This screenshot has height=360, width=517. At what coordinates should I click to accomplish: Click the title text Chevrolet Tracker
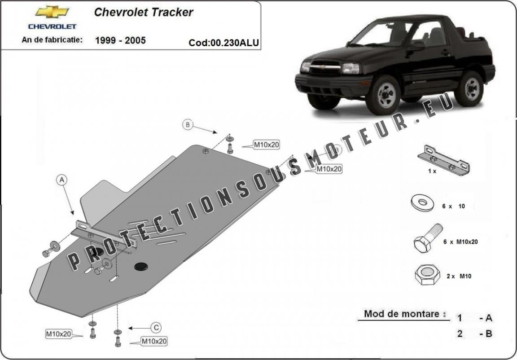[x=144, y=12]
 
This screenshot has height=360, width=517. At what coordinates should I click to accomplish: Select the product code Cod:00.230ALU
[x=223, y=43]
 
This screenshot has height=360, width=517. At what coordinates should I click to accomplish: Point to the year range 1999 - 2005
[x=120, y=40]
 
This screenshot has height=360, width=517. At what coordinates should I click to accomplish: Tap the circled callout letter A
[x=62, y=180]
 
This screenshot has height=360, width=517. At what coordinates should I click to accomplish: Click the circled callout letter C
[x=156, y=328]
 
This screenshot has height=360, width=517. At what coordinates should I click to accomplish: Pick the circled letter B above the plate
[x=188, y=125]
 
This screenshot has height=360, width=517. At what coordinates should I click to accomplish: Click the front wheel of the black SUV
[x=383, y=95]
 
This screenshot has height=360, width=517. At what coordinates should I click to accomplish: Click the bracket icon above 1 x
[x=443, y=159]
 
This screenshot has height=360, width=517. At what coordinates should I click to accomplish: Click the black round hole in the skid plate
[x=140, y=267]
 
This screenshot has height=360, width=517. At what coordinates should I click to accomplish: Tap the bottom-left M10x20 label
[x=58, y=334]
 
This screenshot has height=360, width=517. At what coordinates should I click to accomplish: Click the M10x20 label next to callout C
[x=154, y=342]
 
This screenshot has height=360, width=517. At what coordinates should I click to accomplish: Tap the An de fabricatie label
[x=52, y=40]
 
